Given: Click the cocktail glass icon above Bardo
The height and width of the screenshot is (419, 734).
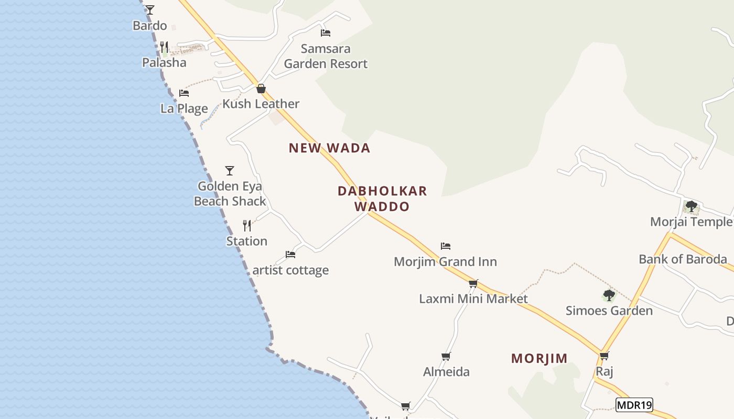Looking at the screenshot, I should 150,9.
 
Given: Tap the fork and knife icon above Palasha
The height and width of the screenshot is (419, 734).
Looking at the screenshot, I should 164,47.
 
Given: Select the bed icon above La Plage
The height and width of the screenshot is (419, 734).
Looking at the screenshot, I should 184,93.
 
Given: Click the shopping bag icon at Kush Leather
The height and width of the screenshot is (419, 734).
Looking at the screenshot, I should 261,89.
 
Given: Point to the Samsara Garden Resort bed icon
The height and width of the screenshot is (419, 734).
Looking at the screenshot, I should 326,33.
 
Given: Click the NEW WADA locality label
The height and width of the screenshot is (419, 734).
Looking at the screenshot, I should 329,148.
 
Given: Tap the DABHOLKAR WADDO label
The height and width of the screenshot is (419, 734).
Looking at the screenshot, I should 382,199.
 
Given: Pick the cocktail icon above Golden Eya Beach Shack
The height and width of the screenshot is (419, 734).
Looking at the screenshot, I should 229,170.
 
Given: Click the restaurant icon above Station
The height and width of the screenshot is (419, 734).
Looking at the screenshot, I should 247,226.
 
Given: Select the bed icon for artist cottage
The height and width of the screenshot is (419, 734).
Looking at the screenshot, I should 290,255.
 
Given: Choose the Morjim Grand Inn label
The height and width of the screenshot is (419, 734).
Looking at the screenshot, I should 445,261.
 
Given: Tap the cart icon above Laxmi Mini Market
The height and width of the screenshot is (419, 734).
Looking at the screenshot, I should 473,283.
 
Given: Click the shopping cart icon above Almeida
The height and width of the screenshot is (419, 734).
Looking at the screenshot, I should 446,356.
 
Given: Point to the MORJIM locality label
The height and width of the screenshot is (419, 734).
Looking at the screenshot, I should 539,359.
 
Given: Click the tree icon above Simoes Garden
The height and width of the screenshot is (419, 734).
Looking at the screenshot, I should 609,295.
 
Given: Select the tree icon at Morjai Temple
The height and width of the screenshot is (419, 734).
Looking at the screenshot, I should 692,206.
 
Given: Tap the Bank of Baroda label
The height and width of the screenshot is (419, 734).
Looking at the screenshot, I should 683,259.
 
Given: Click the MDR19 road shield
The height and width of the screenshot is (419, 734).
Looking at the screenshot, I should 634,405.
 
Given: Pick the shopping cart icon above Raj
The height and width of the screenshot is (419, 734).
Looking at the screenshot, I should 605,356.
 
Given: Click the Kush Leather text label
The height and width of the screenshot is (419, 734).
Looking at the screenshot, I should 261,104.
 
